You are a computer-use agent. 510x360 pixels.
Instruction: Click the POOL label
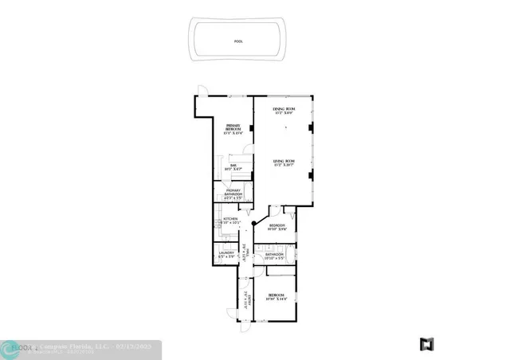pos(238,41)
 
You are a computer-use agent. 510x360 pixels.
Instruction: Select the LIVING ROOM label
pos(284,163)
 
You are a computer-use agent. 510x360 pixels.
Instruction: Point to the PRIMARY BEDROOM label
pos(233,127)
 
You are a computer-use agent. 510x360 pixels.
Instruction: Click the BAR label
pos(234,167)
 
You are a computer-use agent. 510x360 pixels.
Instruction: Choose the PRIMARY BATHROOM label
pos(233,194)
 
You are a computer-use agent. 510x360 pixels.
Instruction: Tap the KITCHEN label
pos(231,220)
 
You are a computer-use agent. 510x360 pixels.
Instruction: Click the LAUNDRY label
pos(226,254)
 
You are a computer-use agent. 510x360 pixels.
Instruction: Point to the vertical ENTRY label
pos(247,302)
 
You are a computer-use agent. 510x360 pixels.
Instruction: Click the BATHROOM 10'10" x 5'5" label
pos(274,256)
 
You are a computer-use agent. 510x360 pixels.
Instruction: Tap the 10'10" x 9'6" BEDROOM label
pos(277,228)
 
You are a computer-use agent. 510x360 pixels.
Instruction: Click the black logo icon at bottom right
pos(427,344)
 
